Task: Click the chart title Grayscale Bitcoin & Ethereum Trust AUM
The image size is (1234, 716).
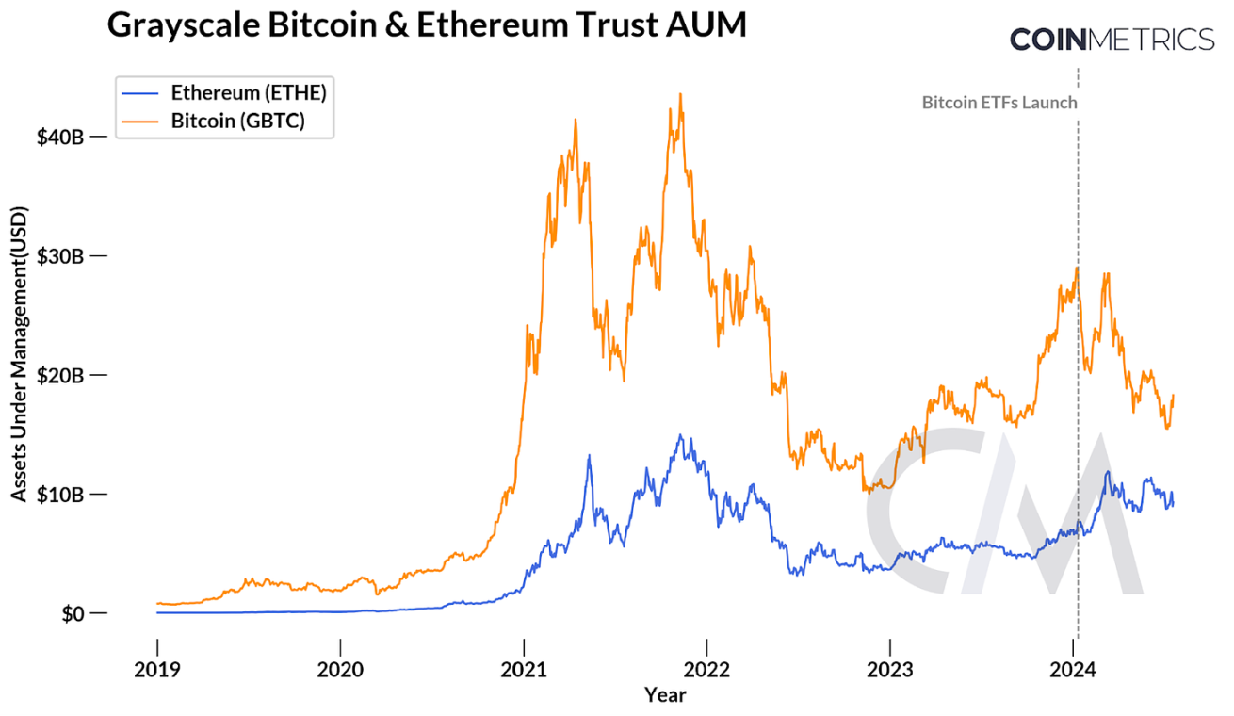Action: tap(426, 25)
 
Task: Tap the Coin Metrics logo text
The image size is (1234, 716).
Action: tap(1112, 40)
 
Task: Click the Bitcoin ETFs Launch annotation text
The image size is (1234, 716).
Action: tap(999, 103)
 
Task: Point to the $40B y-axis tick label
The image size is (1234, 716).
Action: tap(60, 137)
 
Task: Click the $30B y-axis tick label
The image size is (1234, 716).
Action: tap(60, 255)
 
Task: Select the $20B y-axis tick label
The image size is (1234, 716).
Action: tap(60, 375)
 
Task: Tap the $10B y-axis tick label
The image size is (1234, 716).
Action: tap(60, 494)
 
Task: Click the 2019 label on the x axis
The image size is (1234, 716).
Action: tap(156, 671)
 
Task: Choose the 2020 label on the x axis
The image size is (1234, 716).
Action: tap(340, 671)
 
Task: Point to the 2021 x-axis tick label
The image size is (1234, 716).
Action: tap(524, 671)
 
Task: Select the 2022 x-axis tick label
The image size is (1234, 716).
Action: tap(706, 671)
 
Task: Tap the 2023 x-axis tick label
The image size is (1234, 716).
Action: tap(890, 671)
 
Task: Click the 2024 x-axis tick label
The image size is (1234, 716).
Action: tap(1074, 671)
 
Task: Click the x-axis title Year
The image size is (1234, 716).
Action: tap(665, 695)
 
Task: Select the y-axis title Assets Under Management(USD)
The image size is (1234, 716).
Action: tap(19, 352)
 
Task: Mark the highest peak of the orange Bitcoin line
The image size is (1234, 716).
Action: tap(680, 94)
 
